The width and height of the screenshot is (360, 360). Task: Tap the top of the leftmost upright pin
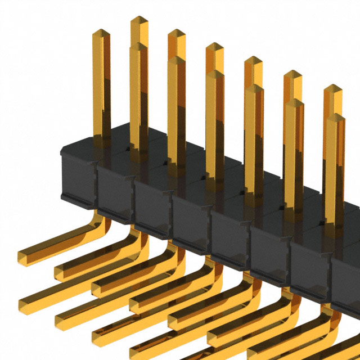click(101, 35)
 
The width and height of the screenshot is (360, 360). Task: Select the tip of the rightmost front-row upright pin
click(335, 119)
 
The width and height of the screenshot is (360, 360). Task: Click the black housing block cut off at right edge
click(346, 281)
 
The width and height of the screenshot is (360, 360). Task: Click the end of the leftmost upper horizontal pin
click(26, 256)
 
